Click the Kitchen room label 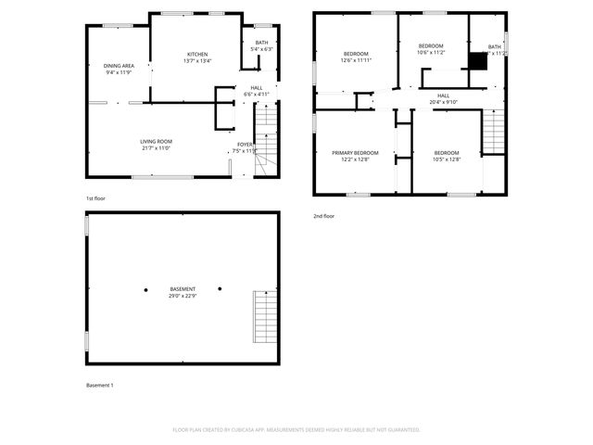(197, 55)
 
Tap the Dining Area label (119, 66)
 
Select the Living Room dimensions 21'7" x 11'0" (157, 147)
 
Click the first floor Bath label (250, 44)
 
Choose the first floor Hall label (256, 88)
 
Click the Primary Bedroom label (356, 152)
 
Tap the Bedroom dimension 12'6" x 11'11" (356, 60)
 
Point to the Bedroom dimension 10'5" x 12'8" (446, 159)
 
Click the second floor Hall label (443, 95)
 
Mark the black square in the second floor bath (478, 60)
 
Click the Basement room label (182, 289)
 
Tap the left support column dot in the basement (145, 289)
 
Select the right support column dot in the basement (220, 288)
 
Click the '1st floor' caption (96, 198)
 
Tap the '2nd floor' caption (323, 216)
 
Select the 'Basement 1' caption (100, 385)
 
